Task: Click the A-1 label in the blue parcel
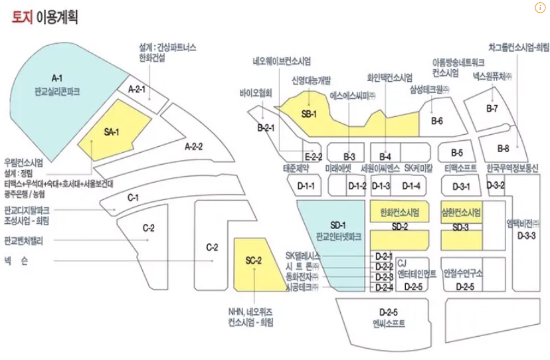tap(56, 78)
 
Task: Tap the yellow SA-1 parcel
tap(111, 131)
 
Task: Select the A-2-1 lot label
tap(137, 89)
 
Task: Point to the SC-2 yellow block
tap(254, 260)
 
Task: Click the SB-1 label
tap(309, 114)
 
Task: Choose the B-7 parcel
tap(492, 108)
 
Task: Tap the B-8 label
tap(503, 147)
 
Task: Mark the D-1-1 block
tap(306, 185)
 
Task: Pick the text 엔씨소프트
tap(388, 323)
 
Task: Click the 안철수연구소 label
tap(464, 272)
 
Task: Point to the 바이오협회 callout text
tap(256, 94)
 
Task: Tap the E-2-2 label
tap(313, 157)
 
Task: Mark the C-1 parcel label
tap(133, 197)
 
